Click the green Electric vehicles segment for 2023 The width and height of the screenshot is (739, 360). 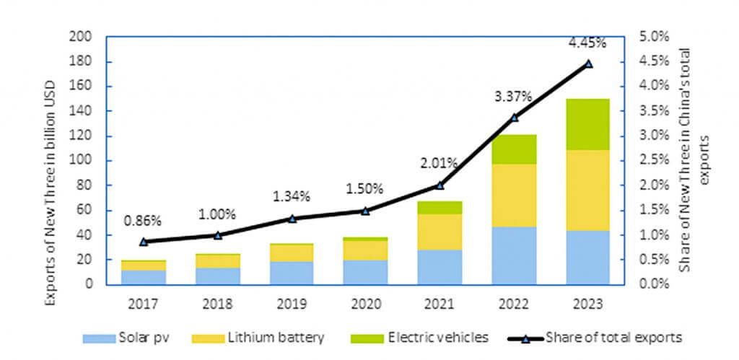tap(587, 124)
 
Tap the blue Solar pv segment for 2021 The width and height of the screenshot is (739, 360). tap(440, 267)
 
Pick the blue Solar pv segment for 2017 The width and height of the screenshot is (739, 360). tap(144, 277)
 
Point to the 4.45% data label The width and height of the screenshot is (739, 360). tap(587, 43)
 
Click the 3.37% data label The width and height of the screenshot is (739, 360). tap(514, 96)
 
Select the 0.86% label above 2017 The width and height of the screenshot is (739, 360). tap(144, 219)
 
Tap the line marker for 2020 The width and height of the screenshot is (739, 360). tap(366, 211)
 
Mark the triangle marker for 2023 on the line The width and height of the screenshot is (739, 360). tap(588, 63)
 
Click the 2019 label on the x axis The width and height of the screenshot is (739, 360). tap(292, 303)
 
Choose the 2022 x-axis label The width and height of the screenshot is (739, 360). tap(513, 303)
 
